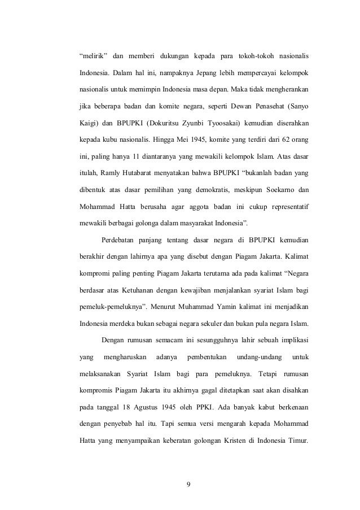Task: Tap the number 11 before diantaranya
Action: [x=144, y=154]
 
